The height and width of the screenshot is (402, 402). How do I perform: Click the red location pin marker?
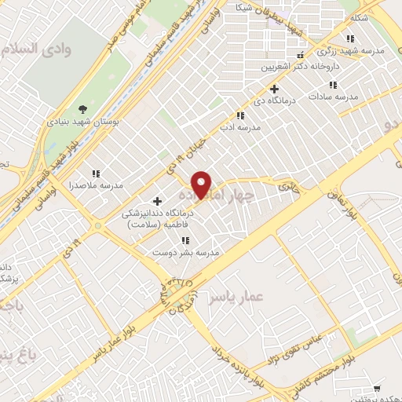(202, 185)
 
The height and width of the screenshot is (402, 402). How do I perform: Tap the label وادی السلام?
(32, 49)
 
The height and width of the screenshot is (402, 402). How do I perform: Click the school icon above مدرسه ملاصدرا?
(96, 174)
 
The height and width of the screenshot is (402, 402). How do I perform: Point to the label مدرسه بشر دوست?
(185, 253)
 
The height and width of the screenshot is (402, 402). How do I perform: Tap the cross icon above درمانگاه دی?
(274, 89)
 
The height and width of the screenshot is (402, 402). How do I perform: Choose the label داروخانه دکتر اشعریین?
(296, 67)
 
